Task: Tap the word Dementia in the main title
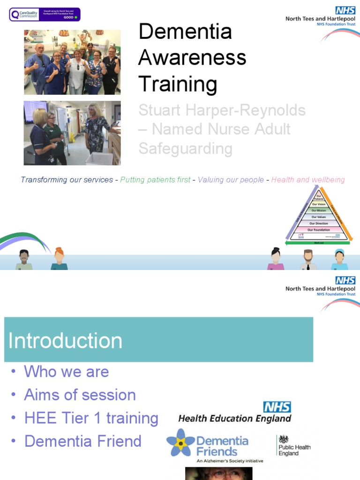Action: click(185, 32)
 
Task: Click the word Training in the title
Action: click(178, 84)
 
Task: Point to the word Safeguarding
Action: click(185, 149)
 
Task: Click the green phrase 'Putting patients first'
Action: click(155, 180)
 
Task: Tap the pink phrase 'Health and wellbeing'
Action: click(308, 180)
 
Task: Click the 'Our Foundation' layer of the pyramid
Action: click(319, 230)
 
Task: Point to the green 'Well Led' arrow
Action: click(319, 243)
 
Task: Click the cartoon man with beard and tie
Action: click(308, 260)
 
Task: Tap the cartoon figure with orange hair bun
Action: click(59, 259)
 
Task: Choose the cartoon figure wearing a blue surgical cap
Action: click(339, 260)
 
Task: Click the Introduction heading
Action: click(65, 341)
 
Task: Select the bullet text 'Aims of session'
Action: click(80, 395)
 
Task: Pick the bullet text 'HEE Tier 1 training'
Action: click(91, 418)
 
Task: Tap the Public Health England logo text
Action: click(294, 450)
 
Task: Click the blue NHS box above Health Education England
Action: click(277, 407)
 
